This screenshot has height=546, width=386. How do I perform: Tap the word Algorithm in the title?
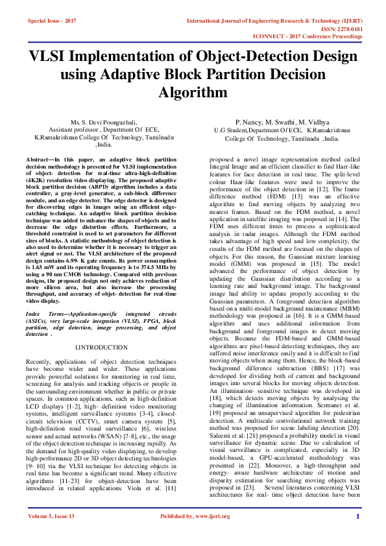click(192, 93)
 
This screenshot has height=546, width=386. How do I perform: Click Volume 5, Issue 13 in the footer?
click(51, 534)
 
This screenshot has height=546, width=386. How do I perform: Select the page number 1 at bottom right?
click(357, 534)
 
